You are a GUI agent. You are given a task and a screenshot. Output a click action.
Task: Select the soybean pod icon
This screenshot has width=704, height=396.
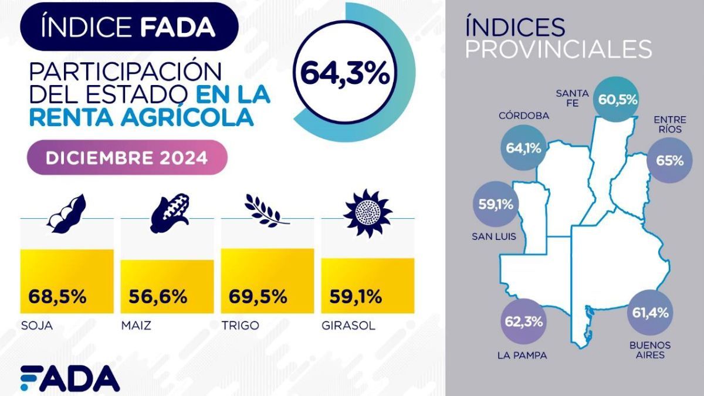66,214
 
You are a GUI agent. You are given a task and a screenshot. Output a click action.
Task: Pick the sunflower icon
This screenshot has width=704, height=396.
367,212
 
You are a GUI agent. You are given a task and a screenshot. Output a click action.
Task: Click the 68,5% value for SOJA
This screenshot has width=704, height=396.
57,296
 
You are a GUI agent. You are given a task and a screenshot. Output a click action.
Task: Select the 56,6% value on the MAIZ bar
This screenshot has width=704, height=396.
158,296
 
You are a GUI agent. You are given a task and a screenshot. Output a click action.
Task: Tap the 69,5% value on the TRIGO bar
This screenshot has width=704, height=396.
258,296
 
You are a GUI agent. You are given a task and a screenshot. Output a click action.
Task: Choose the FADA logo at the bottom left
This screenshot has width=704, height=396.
70,378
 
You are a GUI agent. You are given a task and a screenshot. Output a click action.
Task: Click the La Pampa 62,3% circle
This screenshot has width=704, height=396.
523,321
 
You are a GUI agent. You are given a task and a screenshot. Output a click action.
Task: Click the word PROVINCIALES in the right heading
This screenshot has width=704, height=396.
558,49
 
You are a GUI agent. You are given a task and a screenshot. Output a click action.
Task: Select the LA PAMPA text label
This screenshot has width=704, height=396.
522,356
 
